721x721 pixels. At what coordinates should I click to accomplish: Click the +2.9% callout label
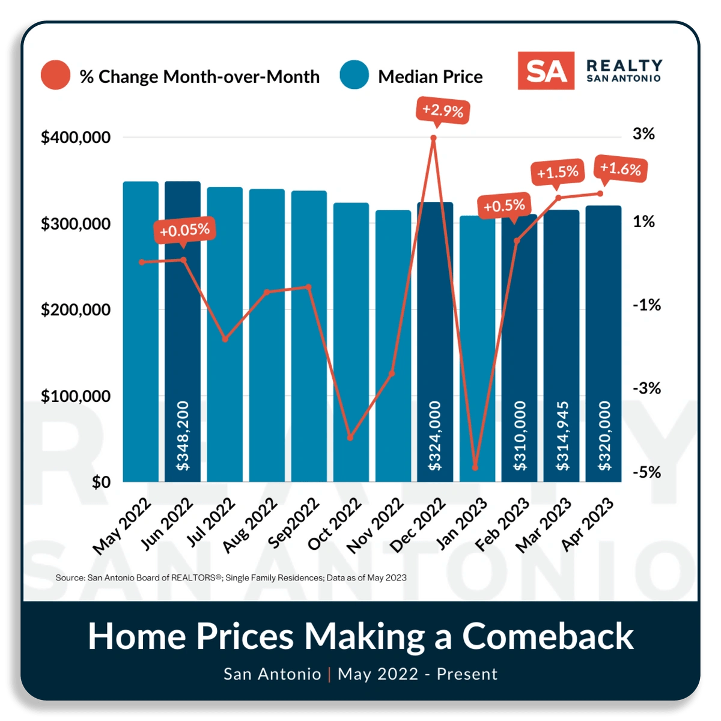pyautogui.click(x=443, y=111)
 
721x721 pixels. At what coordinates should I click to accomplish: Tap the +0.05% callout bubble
pyautogui.click(x=184, y=230)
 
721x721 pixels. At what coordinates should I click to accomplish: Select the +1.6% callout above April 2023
pyautogui.click(x=621, y=169)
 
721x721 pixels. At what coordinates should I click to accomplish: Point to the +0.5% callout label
pyautogui.click(x=504, y=206)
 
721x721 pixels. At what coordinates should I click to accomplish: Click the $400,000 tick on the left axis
pyautogui.click(x=76, y=138)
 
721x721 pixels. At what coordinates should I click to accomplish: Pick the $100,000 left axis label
pyautogui.click(x=76, y=397)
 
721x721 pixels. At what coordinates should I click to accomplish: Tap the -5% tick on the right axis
pyautogui.click(x=646, y=473)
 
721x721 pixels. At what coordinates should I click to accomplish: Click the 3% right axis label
pyautogui.click(x=643, y=134)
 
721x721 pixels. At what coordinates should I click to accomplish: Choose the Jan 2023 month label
pyautogui.click(x=461, y=524)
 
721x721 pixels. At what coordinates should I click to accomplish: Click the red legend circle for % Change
pyautogui.click(x=55, y=75)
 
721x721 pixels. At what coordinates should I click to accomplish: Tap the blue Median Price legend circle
pyautogui.click(x=354, y=75)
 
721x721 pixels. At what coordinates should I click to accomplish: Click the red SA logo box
pyautogui.click(x=546, y=71)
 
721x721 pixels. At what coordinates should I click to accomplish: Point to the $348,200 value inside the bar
pyautogui.click(x=183, y=436)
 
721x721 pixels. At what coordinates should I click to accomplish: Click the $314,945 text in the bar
pyautogui.click(x=562, y=436)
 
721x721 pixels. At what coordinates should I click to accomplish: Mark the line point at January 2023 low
pyautogui.click(x=475, y=467)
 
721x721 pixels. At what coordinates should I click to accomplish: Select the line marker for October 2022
pyautogui.click(x=350, y=437)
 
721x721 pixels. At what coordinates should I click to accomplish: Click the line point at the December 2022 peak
pyautogui.click(x=434, y=138)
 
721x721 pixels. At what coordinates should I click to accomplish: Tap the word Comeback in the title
pyautogui.click(x=547, y=636)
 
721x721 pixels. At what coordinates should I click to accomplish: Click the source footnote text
pyautogui.click(x=231, y=578)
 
